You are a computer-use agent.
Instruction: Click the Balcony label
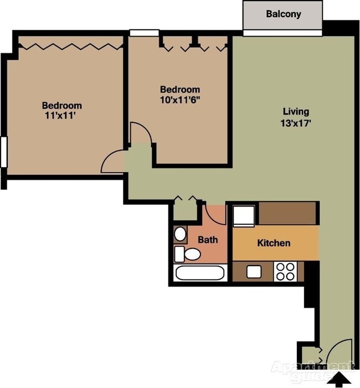[283, 14]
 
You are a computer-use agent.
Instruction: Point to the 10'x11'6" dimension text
[179, 101]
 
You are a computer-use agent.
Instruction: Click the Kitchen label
[274, 242]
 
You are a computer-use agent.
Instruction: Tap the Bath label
[208, 240]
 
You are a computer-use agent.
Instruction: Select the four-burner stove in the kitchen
[286, 271]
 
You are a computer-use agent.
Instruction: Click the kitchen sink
[254, 271]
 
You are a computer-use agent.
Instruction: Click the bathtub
[200, 273]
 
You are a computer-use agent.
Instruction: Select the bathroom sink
[180, 234]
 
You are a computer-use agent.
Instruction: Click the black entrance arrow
[340, 379]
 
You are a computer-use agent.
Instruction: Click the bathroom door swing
[216, 214]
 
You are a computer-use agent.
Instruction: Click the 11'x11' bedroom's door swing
[113, 161]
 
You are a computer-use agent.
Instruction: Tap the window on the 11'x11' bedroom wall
[3, 151]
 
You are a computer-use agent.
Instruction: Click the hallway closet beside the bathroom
[185, 210]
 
